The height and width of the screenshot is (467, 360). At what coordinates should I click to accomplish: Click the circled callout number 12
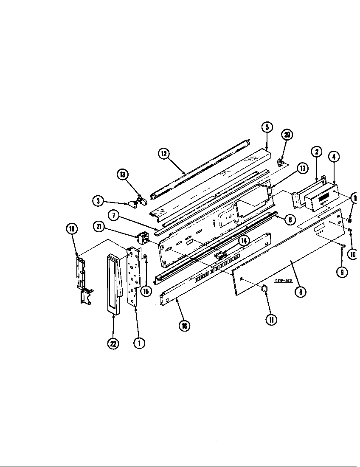pyautogui.click(x=164, y=154)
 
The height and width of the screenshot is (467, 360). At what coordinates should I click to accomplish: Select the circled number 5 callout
pyautogui.click(x=267, y=128)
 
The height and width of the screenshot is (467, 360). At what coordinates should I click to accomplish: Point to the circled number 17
pyautogui.click(x=302, y=169)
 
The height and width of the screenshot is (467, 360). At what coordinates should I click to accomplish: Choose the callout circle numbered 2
pyautogui.click(x=316, y=152)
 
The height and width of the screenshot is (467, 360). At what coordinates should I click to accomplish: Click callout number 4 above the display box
pyautogui.click(x=334, y=157)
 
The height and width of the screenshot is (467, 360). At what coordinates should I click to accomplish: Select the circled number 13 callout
pyautogui.click(x=122, y=175)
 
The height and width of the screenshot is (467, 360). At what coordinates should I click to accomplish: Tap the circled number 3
pyautogui.click(x=98, y=201)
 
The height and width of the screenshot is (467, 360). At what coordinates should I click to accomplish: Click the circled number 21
pyautogui.click(x=99, y=228)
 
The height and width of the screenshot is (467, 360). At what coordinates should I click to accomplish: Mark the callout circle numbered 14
pyautogui.click(x=244, y=240)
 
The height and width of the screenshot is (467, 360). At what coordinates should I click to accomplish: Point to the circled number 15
pyautogui.click(x=146, y=291)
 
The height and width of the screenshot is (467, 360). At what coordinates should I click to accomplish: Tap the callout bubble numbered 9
pyautogui.click(x=342, y=272)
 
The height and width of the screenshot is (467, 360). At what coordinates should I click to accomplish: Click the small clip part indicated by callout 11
pyautogui.click(x=264, y=288)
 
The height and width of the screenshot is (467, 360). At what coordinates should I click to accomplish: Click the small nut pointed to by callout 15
pyautogui.click(x=145, y=257)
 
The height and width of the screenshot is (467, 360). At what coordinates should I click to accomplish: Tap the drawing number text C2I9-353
pyautogui.click(x=284, y=280)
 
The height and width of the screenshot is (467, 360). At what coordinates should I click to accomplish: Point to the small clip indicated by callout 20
pyautogui.click(x=280, y=162)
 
